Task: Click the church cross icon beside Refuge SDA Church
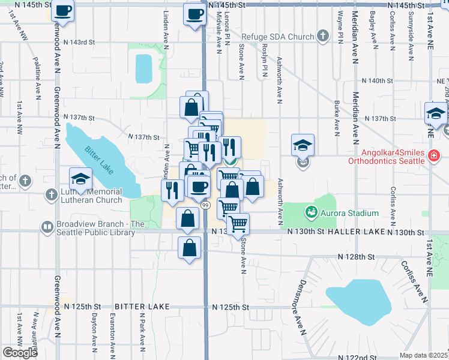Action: tap(323, 36)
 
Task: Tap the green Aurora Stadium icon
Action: tap(311, 212)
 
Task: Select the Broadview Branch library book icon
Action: tap(47, 227)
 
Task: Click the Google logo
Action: tap(20, 353)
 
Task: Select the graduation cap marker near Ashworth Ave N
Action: tap(303, 145)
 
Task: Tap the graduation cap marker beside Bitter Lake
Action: tap(80, 178)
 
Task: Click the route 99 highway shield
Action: tap(205, 205)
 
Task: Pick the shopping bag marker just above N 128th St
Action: tap(190, 247)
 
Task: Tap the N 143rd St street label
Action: tap(80, 42)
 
